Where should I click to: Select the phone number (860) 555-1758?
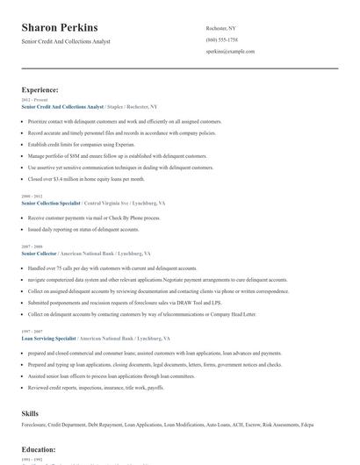[221, 39]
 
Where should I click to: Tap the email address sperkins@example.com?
[230, 51]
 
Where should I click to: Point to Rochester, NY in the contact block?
[221, 28]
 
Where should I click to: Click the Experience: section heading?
[40, 89]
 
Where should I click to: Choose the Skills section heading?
[30, 411]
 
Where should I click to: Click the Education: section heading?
[39, 449]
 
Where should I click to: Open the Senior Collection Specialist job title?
[51, 203]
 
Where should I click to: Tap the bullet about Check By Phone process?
[93, 217]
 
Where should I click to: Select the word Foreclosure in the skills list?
[34, 425]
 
